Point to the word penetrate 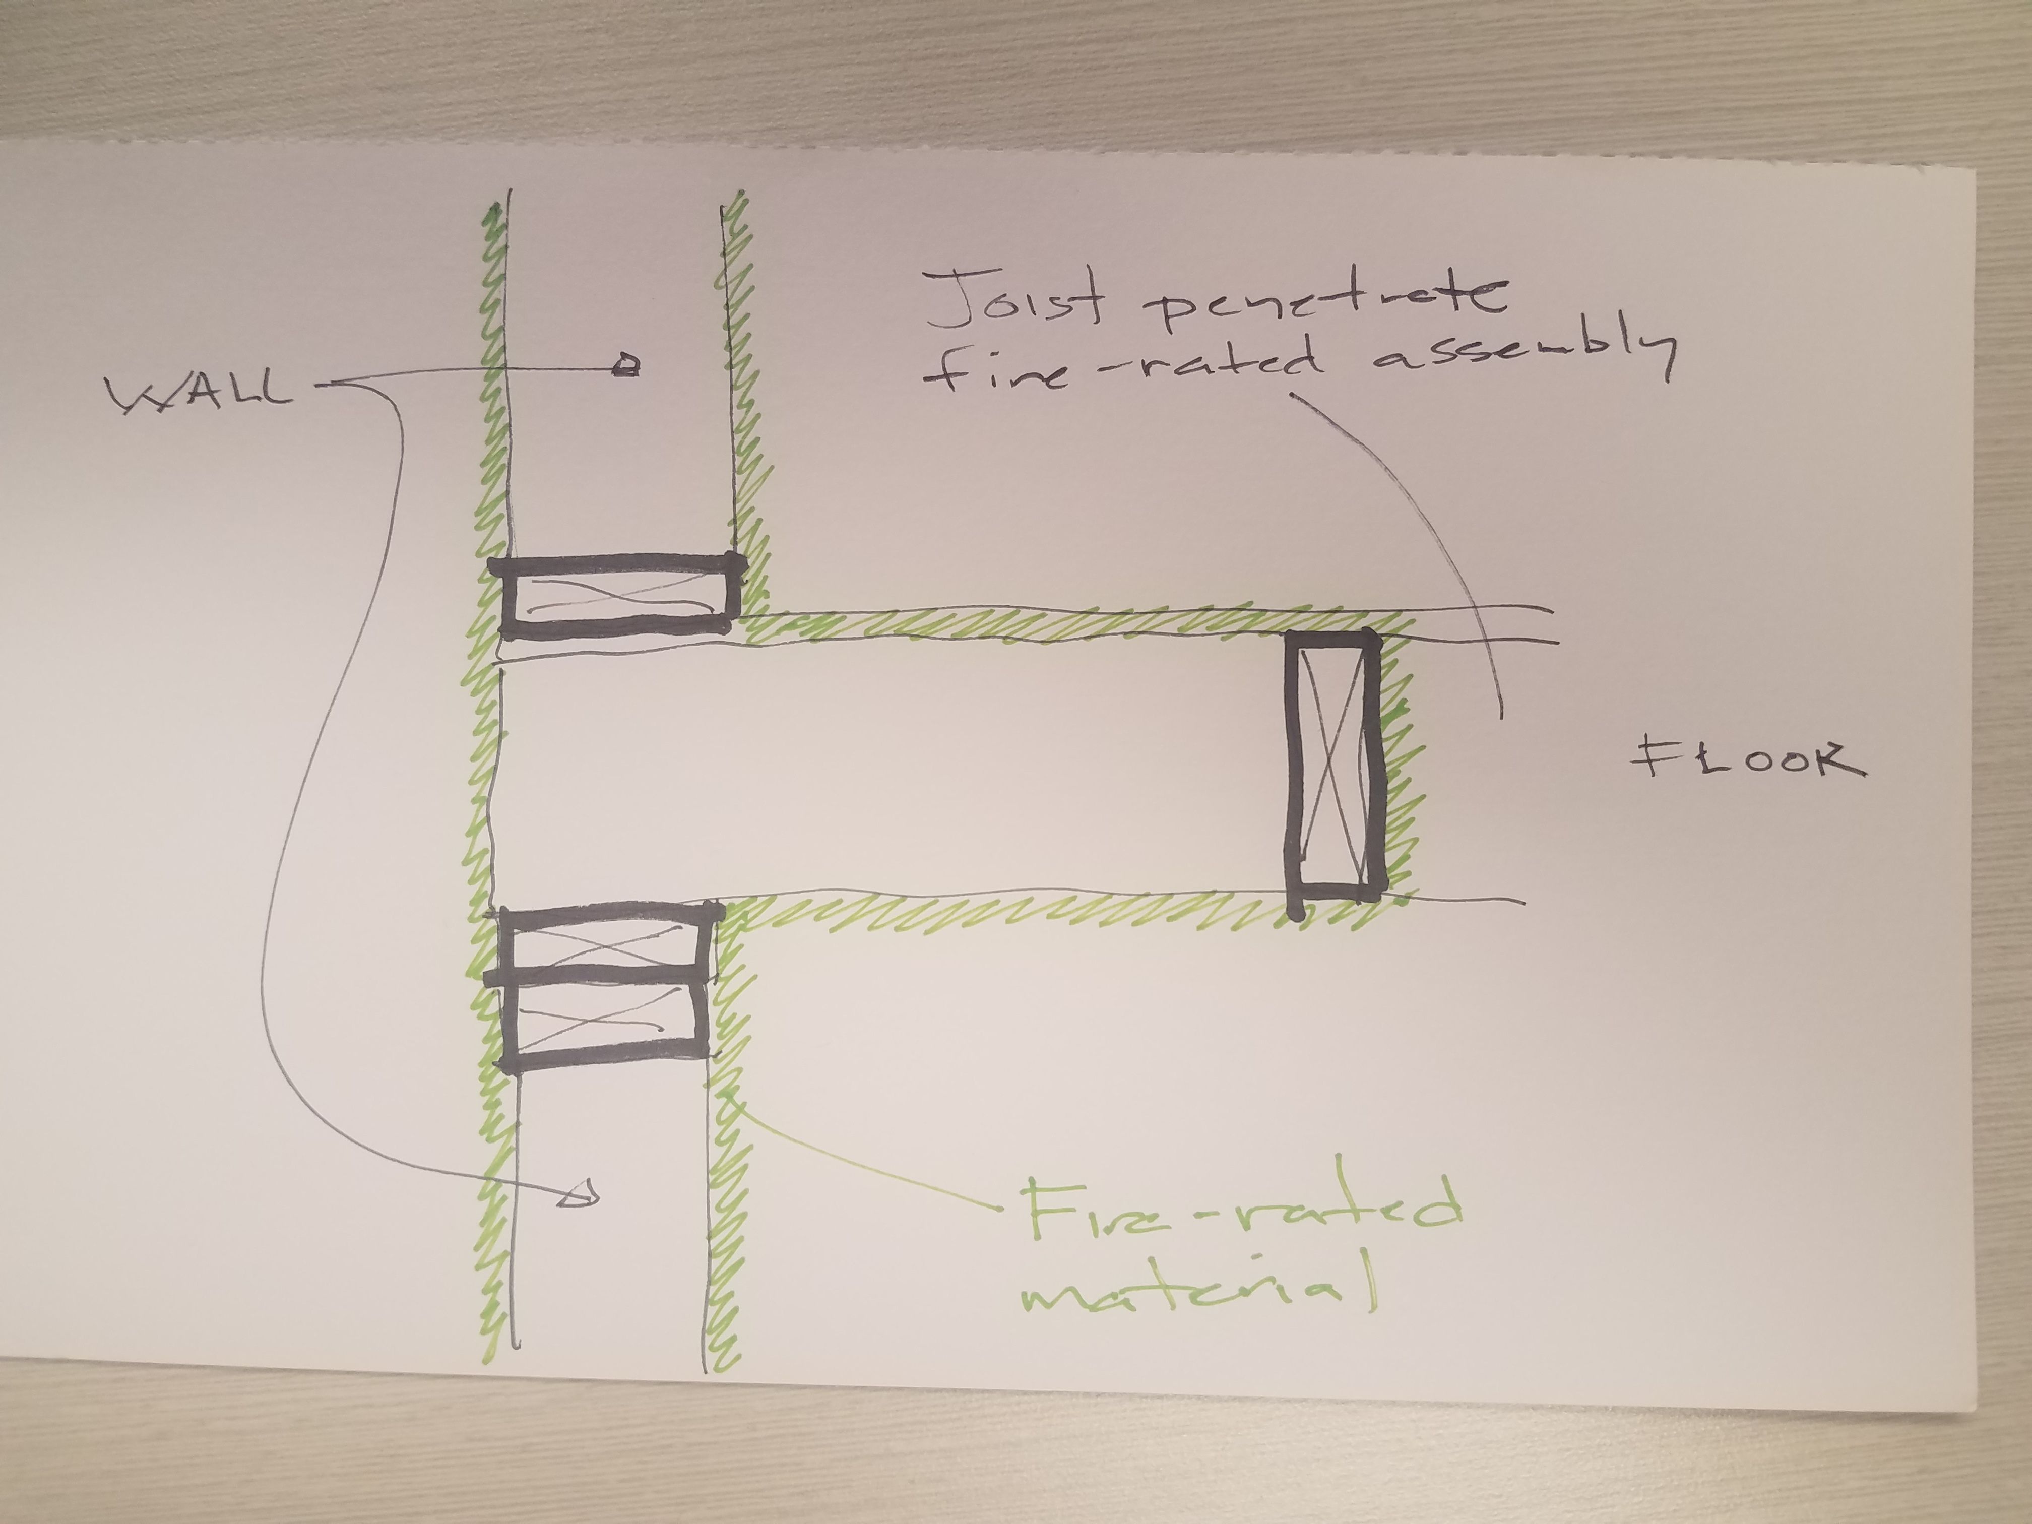pyautogui.click(x=1323, y=298)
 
